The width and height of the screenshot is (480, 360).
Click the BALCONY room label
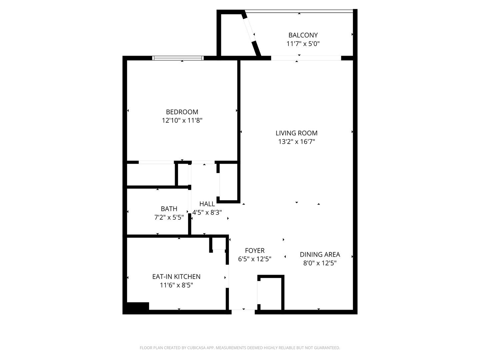coord(303,35)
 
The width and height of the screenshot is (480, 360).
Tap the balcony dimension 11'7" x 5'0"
coord(303,44)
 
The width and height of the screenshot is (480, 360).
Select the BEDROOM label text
coord(182,112)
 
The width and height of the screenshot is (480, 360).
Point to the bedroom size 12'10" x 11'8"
coord(182,120)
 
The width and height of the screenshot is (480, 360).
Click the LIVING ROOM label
coord(296,133)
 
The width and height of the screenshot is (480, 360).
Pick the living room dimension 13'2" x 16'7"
coord(296,142)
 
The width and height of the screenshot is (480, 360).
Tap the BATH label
coord(169,209)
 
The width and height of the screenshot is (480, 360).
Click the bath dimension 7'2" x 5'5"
coord(169,218)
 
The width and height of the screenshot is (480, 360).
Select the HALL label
coord(207,204)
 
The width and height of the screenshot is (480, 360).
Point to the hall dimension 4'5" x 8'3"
coord(207,212)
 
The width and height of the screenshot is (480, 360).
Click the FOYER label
coord(255,251)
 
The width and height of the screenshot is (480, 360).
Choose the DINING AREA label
coord(320,255)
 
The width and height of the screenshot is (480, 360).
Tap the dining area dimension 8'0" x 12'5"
coord(320,263)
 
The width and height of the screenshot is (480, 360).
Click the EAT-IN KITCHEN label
coord(176,277)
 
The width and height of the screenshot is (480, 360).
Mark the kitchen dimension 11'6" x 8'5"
coord(176,285)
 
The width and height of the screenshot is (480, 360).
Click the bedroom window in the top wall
coord(178,58)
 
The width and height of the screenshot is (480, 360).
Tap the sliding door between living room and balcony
coord(306,58)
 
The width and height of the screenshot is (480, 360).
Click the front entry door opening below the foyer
coord(243,311)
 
